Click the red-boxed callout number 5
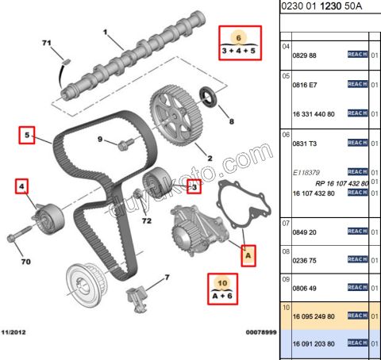(x=27, y=136)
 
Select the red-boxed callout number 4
(x=22, y=187)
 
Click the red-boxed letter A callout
(x=248, y=256)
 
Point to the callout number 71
(x=46, y=41)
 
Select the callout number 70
(x=25, y=260)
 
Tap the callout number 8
(x=232, y=122)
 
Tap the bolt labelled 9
(x=124, y=146)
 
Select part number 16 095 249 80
(x=314, y=316)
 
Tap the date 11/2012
(x=16, y=333)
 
